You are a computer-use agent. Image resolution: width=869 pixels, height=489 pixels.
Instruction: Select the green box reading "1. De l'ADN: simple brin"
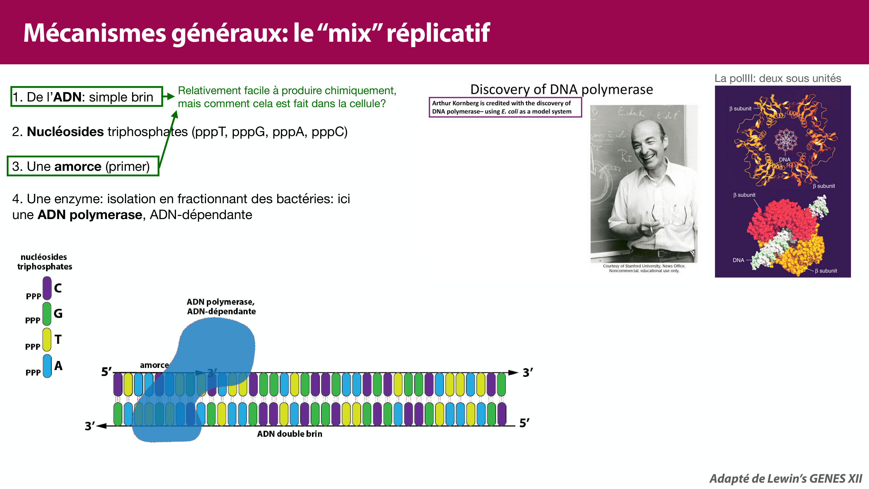(x=87, y=97)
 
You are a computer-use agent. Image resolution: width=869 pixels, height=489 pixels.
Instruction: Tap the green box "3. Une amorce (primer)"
(x=83, y=166)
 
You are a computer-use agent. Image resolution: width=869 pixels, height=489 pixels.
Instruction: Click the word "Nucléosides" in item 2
(x=65, y=132)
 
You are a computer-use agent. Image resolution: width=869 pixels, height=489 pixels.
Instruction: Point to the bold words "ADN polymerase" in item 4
(x=90, y=215)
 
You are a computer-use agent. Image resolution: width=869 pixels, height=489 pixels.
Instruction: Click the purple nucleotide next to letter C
(x=47, y=288)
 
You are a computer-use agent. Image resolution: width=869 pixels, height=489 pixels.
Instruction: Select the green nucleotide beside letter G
(x=47, y=314)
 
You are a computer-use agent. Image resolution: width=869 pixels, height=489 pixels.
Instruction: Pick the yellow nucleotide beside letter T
(x=47, y=339)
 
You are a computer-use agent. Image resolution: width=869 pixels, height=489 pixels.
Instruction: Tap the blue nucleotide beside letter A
(x=47, y=366)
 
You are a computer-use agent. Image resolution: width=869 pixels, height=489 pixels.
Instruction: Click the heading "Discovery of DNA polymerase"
(x=561, y=89)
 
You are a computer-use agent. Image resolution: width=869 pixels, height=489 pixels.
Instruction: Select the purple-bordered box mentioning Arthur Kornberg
(x=505, y=107)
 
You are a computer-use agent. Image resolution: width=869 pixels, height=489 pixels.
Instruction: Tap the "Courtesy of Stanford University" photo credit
(x=644, y=268)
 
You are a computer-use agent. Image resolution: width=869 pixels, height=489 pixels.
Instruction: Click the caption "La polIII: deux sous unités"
(x=778, y=78)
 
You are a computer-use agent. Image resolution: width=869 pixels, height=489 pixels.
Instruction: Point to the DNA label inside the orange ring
(x=784, y=159)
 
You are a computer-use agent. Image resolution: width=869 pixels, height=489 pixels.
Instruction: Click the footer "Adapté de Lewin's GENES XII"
(x=785, y=479)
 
